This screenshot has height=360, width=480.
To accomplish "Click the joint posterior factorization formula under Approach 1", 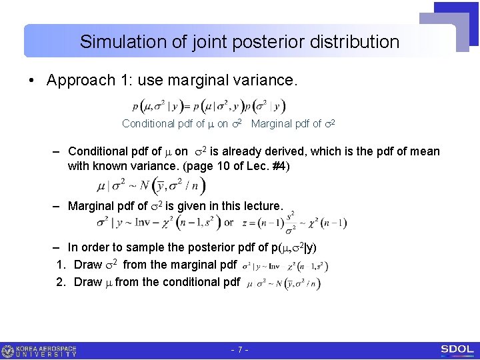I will [x=209, y=106].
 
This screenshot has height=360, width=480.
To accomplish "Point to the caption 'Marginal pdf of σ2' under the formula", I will [x=293, y=123].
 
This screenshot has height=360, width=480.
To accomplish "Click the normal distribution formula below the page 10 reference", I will [x=151, y=186].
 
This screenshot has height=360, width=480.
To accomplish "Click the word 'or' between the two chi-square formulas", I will [x=229, y=223].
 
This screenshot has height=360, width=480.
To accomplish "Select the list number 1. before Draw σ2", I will [x=61, y=265].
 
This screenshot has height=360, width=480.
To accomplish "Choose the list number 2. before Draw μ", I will [x=61, y=282].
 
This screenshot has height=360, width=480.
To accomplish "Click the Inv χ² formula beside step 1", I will [x=285, y=266].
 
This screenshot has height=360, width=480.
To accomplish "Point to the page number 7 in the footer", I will [x=239, y=351].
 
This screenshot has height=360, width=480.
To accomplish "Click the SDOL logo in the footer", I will [x=457, y=350].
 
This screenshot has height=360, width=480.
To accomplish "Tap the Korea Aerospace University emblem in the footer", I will [x=8, y=351].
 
